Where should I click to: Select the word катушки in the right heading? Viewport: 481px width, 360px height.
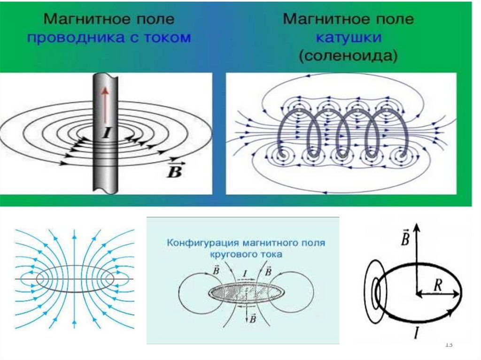(348, 38)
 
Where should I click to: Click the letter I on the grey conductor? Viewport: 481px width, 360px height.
(106, 134)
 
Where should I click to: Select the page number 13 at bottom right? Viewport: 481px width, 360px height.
(448, 345)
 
